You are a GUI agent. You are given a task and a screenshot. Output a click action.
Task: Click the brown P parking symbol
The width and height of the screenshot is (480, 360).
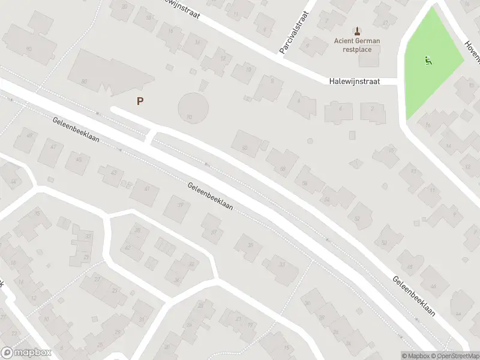(x=140, y=101)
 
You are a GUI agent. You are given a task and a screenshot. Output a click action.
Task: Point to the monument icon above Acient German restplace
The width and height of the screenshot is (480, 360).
(x=358, y=31)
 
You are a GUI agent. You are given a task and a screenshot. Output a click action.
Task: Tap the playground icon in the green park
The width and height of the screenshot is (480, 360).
(x=428, y=60)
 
